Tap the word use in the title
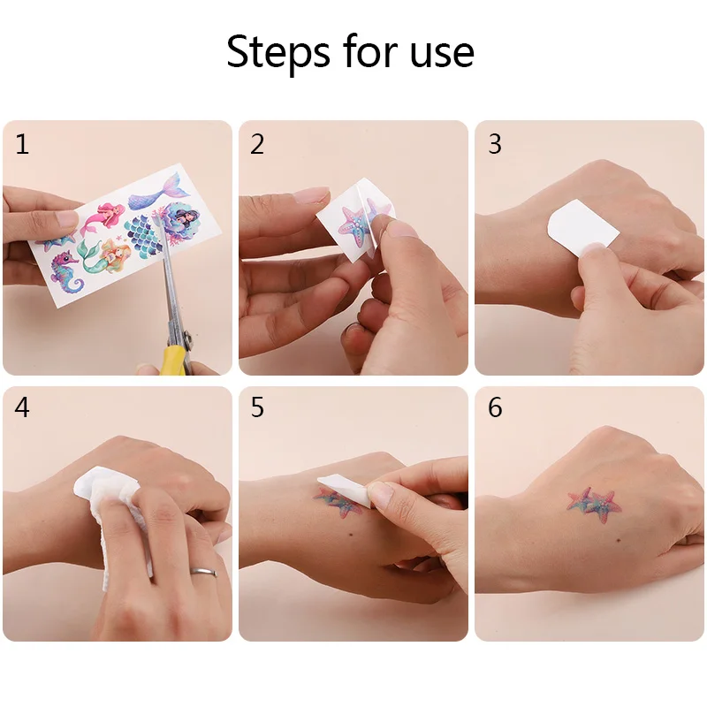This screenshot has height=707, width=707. tap(439, 52)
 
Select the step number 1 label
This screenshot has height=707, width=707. tap(22, 144)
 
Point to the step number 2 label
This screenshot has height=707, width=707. tap(257, 144)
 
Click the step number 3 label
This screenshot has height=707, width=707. tap(495, 144)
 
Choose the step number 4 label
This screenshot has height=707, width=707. tap(22, 408)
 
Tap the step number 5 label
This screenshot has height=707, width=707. tap(257, 408)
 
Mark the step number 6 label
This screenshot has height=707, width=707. tap(495, 408)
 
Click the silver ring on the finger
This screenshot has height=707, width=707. tap(204, 572)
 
